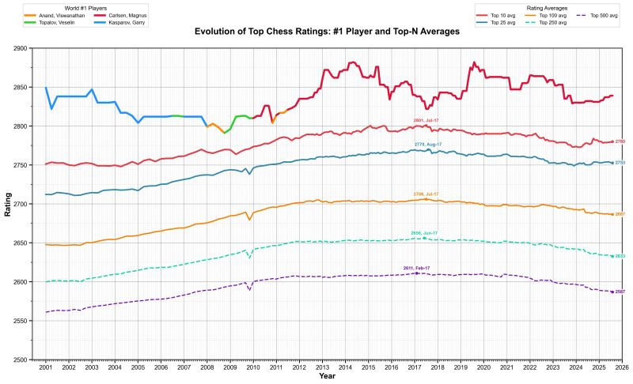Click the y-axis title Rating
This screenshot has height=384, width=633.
pyautogui.click(x=8, y=204)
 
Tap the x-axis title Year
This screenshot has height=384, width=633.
pyautogui.click(x=327, y=377)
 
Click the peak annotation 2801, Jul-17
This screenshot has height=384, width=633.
pyautogui.click(x=426, y=120)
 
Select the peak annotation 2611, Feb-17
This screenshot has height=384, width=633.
pyautogui.click(x=416, y=269)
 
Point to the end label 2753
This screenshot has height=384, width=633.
pyautogui.click(x=620, y=163)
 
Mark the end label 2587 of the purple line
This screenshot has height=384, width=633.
pyautogui.click(x=620, y=292)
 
